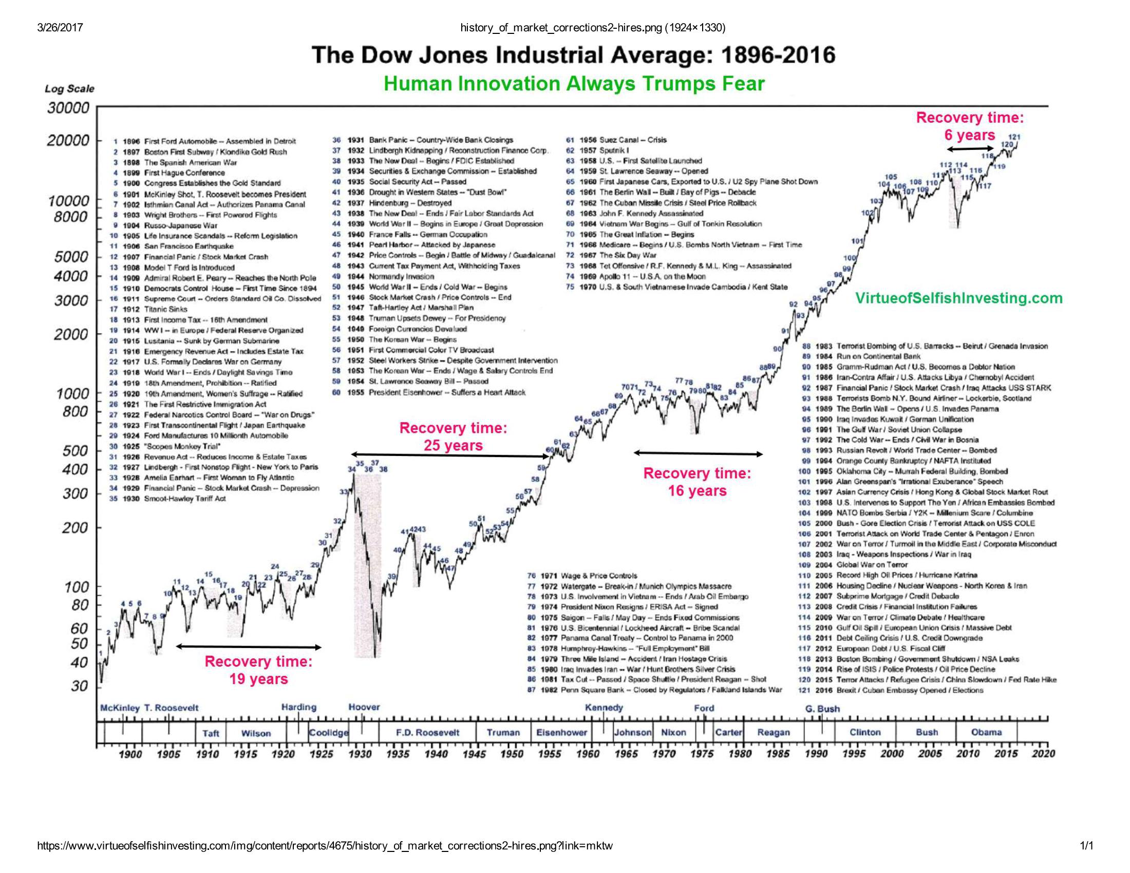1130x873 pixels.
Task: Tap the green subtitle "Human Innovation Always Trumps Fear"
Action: pos(574,84)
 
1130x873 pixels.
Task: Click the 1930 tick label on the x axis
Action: pos(360,754)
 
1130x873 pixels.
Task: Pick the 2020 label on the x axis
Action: pos(1043,754)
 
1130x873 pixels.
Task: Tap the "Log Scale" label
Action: pos(69,88)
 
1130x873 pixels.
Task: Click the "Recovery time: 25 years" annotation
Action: pos(453,437)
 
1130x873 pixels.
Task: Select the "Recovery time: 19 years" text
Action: pos(259,670)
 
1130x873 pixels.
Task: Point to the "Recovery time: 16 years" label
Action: pos(697,482)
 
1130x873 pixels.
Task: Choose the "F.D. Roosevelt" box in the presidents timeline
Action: pos(427,733)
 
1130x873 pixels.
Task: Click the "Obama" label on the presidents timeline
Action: pos(986,732)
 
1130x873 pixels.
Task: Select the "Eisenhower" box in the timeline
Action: pos(562,733)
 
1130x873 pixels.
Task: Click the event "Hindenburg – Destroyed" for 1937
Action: pos(410,203)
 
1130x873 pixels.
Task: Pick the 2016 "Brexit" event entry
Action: pos(899,690)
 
